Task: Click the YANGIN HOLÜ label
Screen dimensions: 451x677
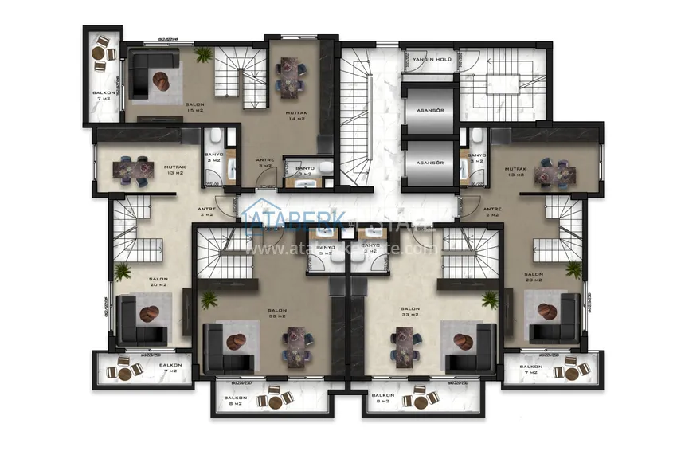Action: (x=433, y=59)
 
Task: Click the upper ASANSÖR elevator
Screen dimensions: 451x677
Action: (x=429, y=110)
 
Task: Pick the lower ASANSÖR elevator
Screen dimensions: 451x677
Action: (x=429, y=162)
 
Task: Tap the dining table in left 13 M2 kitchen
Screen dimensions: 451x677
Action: (x=131, y=167)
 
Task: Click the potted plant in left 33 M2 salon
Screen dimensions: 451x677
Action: (x=209, y=300)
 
